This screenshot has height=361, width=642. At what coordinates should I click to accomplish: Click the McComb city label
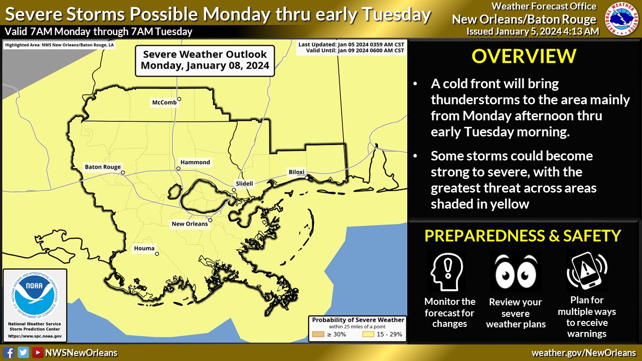click(x=164, y=103)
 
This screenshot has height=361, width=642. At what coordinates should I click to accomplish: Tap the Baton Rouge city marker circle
click(x=123, y=172)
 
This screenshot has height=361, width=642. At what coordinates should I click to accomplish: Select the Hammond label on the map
click(x=195, y=162)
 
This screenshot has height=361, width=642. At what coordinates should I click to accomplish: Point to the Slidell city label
click(x=244, y=184)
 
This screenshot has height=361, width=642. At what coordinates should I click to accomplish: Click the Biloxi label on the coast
click(x=296, y=172)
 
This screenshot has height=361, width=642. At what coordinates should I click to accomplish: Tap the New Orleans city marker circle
click(x=210, y=220)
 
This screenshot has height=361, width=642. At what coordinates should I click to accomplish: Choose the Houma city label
click(x=144, y=248)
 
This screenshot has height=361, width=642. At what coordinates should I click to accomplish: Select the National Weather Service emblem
click(x=621, y=19)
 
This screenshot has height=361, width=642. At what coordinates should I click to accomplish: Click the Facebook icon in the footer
click(x=9, y=352)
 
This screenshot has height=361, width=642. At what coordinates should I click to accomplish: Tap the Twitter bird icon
click(x=23, y=352)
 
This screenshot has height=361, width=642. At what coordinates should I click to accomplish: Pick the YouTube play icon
click(x=38, y=352)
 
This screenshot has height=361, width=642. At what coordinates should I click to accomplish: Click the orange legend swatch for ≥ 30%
click(x=318, y=334)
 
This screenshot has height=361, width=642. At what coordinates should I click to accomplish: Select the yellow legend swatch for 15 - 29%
click(x=368, y=334)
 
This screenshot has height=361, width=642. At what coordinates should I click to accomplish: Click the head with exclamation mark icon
click(x=446, y=272)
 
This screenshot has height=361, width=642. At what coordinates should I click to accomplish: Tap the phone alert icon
click(x=587, y=271)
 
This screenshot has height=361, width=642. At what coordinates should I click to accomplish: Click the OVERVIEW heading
click(x=524, y=57)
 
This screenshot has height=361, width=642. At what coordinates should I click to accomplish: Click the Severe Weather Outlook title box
click(x=205, y=61)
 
